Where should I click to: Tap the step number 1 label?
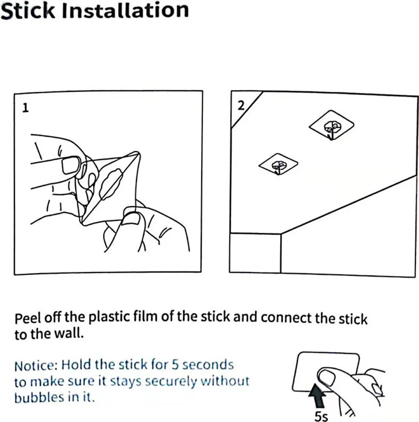click(25, 108)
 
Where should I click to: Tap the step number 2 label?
click(241, 105)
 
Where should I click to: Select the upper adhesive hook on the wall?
click(331, 125)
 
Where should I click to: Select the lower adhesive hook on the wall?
click(278, 164)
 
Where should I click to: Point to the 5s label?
click(321, 416)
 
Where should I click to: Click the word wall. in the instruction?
click(69, 334)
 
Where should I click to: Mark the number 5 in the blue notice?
click(175, 365)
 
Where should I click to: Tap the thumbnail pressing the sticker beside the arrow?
click(326, 377)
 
